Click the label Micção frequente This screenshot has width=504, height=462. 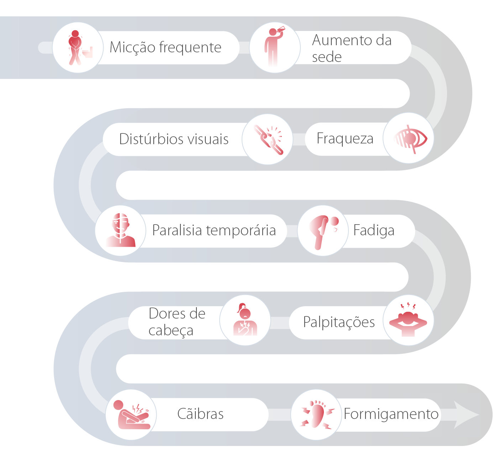coord(166,47)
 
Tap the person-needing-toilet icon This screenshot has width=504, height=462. coord(80,48)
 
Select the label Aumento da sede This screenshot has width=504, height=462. coord(352,48)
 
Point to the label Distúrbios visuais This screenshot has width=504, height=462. coord(174,139)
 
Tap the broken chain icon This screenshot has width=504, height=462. coord(268,140)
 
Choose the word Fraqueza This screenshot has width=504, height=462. coord(345,138)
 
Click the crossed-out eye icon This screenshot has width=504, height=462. coord(410,139)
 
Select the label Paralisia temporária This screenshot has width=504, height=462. coord(214,231)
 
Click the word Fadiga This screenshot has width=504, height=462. coord(374,231)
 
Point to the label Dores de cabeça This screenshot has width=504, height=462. coord(177,322)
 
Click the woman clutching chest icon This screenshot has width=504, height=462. coord(245,319)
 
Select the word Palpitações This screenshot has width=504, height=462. coord(339,322)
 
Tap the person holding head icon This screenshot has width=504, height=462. coord(408,320)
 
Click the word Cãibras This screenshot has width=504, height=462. coord(200,414)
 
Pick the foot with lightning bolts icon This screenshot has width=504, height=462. coord(317,414)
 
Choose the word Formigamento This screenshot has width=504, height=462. coord(391,414)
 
